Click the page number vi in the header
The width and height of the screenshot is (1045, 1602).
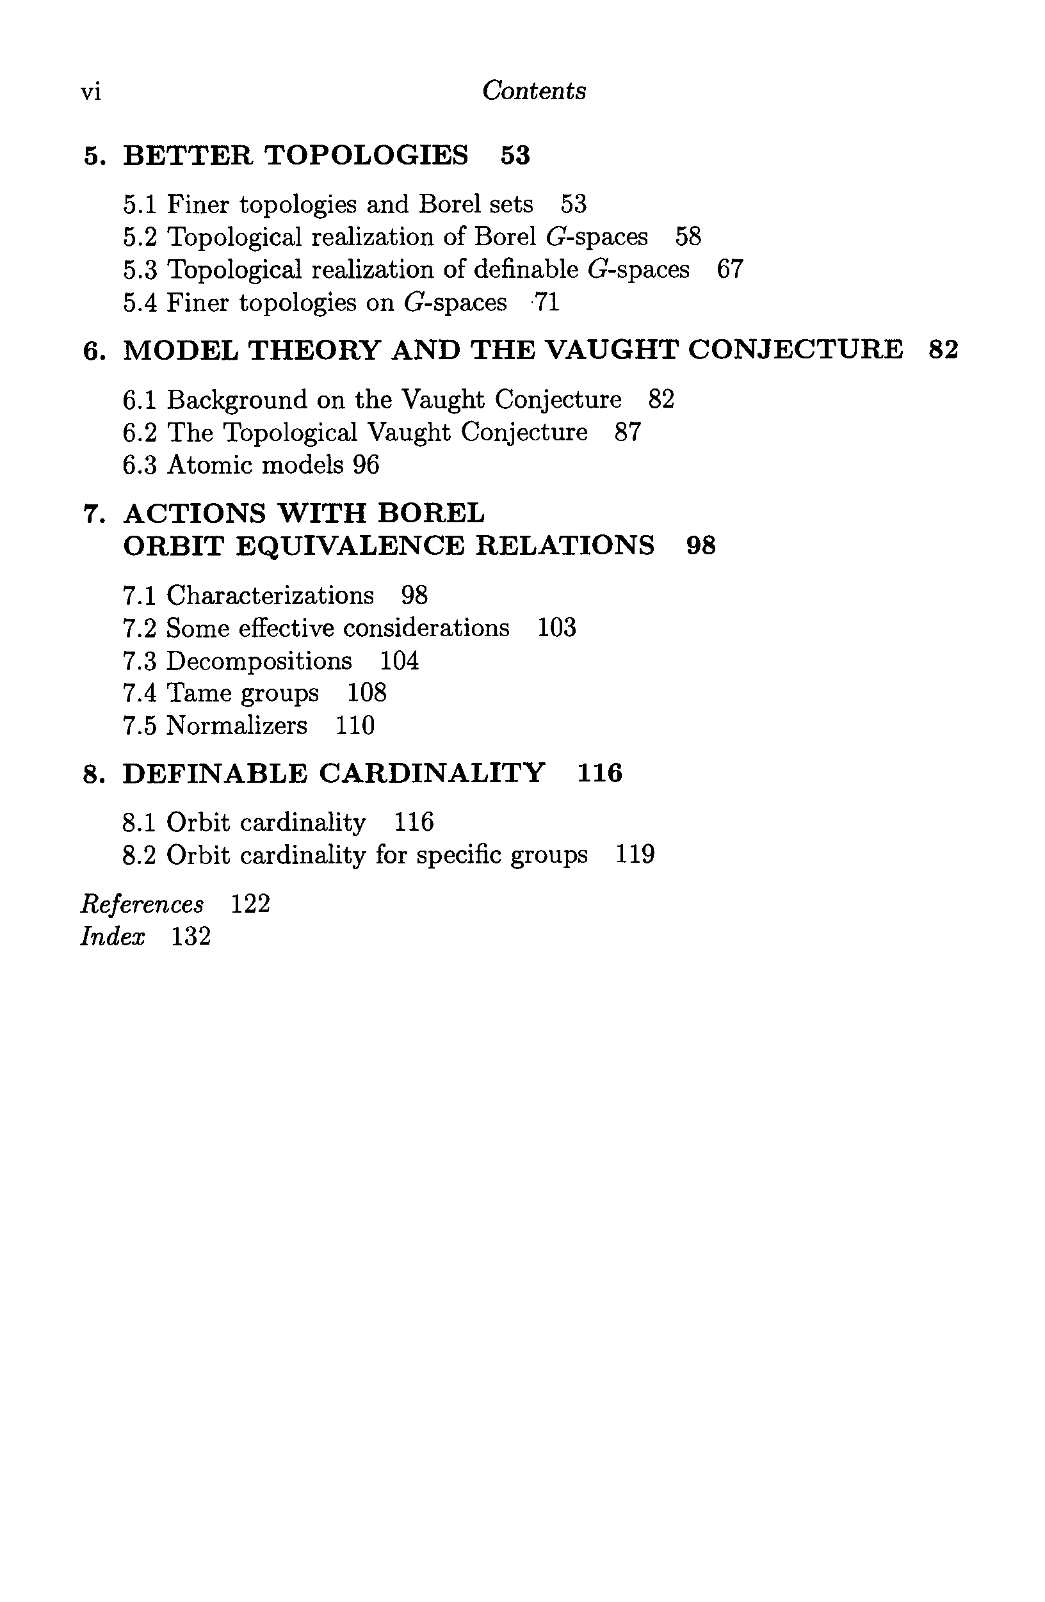[91, 92]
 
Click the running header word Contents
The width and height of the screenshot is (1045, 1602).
[534, 91]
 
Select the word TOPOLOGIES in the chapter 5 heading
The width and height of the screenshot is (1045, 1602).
[366, 156]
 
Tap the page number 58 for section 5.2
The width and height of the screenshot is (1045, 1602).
[688, 237]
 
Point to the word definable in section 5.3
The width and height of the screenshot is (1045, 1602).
[526, 270]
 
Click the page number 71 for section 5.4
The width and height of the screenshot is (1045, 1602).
[546, 303]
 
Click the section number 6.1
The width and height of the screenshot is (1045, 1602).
[140, 400]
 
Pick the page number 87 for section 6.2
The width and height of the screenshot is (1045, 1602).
[628, 433]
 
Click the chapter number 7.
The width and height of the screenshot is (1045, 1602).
[91, 513]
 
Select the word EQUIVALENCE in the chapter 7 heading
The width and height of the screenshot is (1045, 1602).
[350, 546]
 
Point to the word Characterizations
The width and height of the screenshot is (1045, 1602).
[270, 596]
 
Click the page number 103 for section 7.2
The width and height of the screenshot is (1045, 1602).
[557, 628]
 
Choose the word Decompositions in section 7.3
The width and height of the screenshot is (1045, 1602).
[259, 661]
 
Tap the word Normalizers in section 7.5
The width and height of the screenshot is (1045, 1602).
[236, 726]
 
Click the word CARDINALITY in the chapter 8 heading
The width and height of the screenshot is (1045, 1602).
[432, 773]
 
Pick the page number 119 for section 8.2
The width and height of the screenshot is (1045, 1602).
[635, 855]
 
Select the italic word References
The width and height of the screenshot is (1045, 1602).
[142, 904]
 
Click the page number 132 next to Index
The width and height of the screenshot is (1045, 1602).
[191, 936]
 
